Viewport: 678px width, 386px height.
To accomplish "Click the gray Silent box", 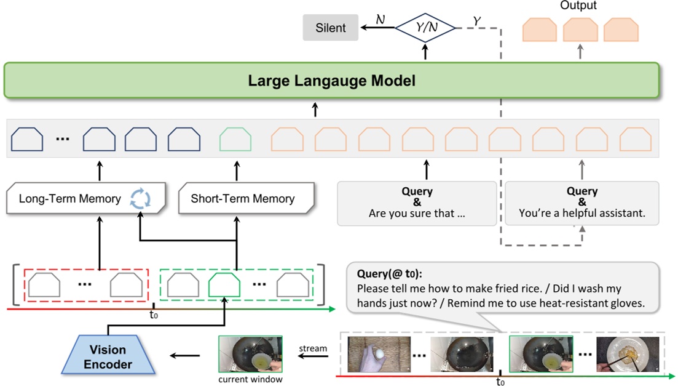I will click(x=330, y=28).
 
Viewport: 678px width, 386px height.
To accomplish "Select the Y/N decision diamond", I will click(x=425, y=28).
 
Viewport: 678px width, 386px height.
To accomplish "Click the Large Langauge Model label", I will click(x=331, y=81).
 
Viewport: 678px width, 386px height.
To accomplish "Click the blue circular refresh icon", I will click(x=140, y=198).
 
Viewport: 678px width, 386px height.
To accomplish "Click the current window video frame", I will click(x=250, y=354).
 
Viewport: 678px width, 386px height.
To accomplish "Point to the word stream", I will click(x=313, y=348).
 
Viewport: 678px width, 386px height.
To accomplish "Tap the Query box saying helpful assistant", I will click(x=581, y=203).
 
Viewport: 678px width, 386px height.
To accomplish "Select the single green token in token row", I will click(x=235, y=139).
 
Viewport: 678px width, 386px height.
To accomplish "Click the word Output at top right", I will click(x=578, y=6).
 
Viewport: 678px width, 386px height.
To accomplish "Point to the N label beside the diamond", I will click(x=380, y=20).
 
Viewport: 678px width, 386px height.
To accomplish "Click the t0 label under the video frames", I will click(x=500, y=382).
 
